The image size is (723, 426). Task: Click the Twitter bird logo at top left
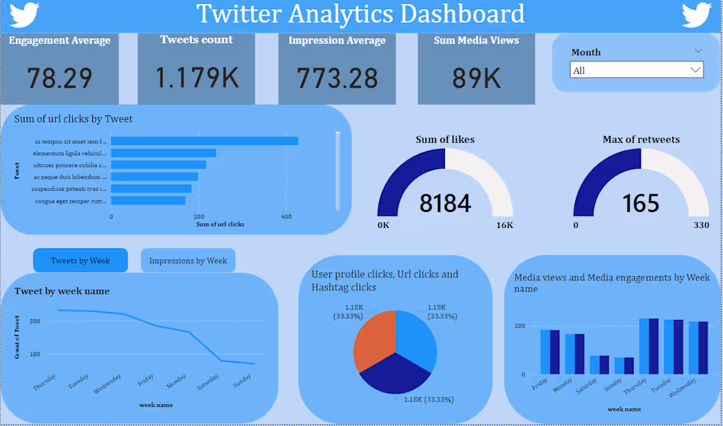point(24,14)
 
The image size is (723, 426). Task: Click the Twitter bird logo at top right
point(697,14)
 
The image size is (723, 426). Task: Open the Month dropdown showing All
point(636,70)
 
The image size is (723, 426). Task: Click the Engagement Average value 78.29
point(59,78)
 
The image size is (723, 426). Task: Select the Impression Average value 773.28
point(337,78)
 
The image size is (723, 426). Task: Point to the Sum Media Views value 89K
point(477,78)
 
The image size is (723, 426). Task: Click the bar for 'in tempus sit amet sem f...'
point(204,141)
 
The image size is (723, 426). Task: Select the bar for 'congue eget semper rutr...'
point(148,200)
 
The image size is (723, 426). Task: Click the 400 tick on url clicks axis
point(286,216)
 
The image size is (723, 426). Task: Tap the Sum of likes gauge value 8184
point(445,203)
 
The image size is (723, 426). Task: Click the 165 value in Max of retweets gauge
point(641,203)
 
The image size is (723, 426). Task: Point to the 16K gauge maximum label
point(505,225)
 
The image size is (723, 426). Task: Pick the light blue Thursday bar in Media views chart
point(644,346)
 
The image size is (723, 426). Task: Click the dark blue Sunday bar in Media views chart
point(629,366)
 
